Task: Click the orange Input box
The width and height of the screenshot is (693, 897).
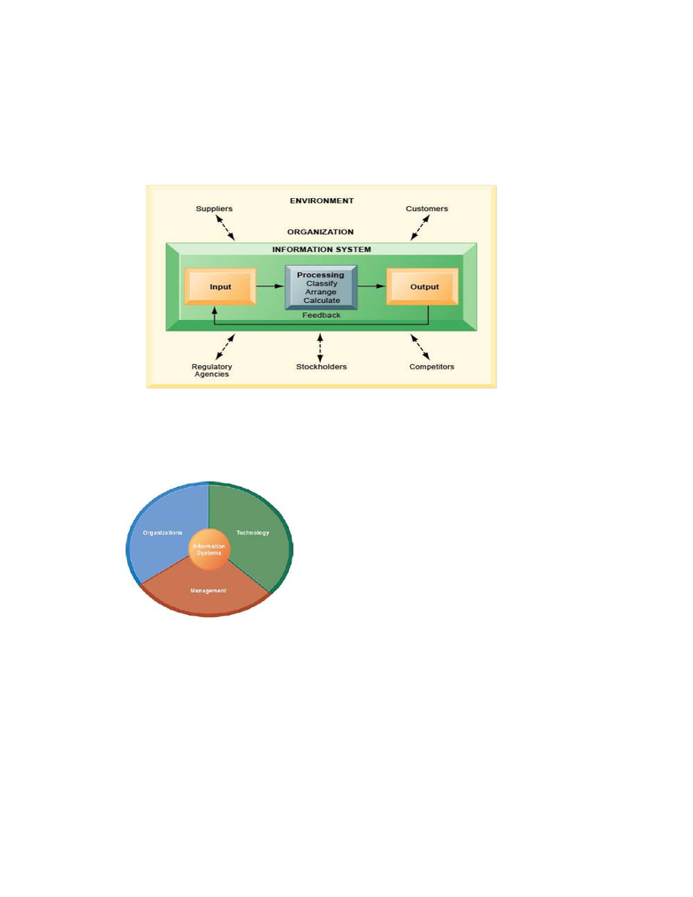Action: [220, 286]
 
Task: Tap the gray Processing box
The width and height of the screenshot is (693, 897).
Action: [321, 287]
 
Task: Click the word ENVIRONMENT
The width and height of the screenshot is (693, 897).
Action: [322, 201]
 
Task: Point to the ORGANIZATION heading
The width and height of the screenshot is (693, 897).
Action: [321, 232]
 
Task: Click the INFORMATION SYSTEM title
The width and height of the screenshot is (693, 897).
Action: [322, 249]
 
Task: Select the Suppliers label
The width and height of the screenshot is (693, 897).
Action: [214, 209]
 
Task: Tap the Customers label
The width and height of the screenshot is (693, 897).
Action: [427, 209]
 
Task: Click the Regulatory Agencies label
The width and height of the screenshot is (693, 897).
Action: [212, 370]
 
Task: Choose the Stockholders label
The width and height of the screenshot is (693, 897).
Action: [321, 367]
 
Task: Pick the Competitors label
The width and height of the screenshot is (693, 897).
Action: [431, 367]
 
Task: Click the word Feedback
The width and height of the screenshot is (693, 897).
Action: [322, 315]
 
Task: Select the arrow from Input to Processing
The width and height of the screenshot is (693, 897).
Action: [270, 286]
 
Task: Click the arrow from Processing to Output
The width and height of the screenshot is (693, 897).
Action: [372, 286]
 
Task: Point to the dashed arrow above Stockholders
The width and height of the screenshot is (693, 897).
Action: [320, 348]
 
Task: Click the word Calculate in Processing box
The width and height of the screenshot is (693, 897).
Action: [322, 300]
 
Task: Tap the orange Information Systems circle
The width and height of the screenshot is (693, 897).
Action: [209, 550]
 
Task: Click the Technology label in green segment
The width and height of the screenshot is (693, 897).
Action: [253, 533]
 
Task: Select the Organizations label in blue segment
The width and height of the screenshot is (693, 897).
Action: [163, 533]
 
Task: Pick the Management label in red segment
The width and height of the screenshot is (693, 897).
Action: [209, 590]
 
